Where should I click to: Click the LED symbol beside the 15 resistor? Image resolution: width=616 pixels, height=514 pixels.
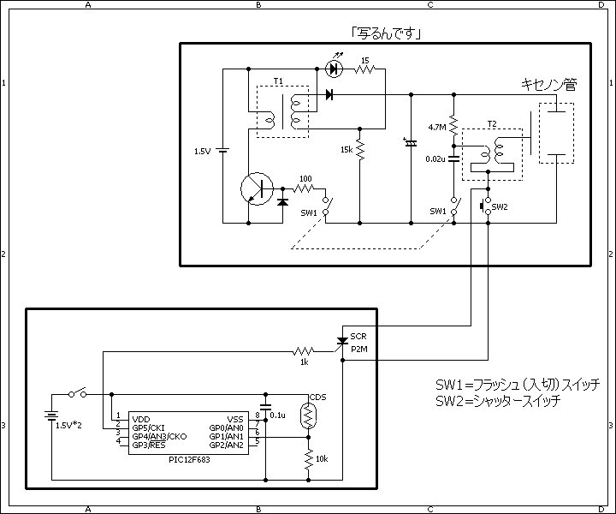pyautogui.click(x=335, y=69)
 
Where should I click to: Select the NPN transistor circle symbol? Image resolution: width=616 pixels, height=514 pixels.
pyautogui.click(x=257, y=188)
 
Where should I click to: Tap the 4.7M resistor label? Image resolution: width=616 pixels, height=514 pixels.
pyautogui.click(x=437, y=128)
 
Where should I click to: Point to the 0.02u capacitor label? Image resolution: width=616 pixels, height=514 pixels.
pyautogui.click(x=435, y=159)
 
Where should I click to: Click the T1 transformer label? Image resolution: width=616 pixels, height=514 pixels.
pyautogui.click(x=278, y=81)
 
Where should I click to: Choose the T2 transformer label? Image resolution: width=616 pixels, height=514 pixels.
pyautogui.click(x=492, y=124)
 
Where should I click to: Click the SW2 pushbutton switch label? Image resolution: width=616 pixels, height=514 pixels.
pyautogui.click(x=500, y=206)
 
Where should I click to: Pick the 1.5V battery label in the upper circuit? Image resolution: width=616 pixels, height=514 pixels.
pyautogui.click(x=203, y=152)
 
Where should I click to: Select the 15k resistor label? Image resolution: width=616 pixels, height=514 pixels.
pyautogui.click(x=346, y=149)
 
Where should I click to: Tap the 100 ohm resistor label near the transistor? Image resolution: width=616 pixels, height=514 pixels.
pyautogui.click(x=305, y=179)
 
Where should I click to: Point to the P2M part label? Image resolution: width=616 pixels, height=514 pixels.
pyautogui.click(x=359, y=350)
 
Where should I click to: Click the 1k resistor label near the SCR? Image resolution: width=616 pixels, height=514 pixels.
pyautogui.click(x=304, y=362)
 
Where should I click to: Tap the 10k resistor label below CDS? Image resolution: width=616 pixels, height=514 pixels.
pyautogui.click(x=322, y=459)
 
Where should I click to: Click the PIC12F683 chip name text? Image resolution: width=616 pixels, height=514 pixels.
pyautogui.click(x=189, y=460)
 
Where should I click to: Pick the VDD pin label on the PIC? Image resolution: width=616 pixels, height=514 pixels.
pyautogui.click(x=141, y=419)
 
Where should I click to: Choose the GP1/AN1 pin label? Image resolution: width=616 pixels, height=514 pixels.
pyautogui.click(x=226, y=437)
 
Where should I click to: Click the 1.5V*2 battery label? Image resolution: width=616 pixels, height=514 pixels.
pyautogui.click(x=68, y=426)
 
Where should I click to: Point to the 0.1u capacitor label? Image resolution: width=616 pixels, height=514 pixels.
pyautogui.click(x=278, y=415)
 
